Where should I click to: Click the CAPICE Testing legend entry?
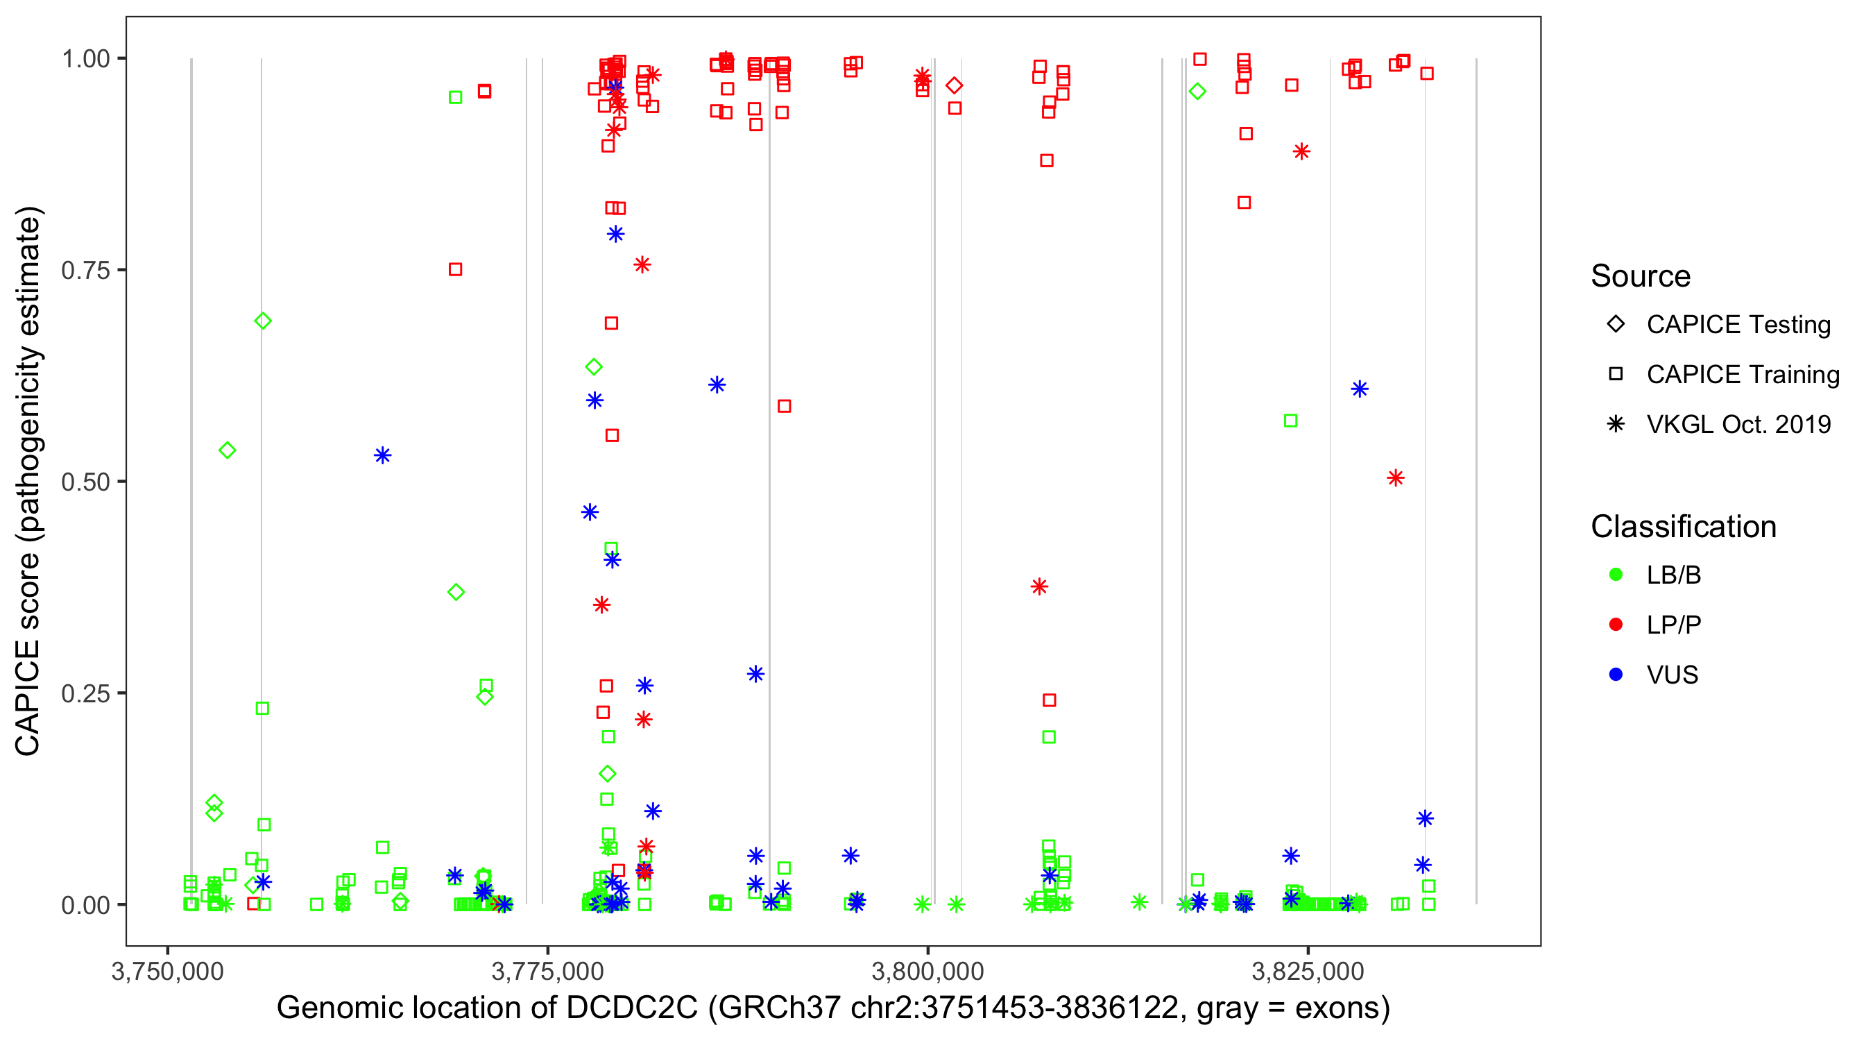pos(1738,325)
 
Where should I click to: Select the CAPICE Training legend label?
pos(1743,375)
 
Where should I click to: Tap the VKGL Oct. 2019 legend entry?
pos(1738,424)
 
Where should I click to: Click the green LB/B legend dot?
pos(1616,575)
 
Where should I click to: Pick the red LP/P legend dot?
pos(1616,625)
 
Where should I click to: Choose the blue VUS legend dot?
pos(1616,675)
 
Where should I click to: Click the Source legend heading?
pos(1641,276)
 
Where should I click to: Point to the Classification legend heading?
pos(1683,527)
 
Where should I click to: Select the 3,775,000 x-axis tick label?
pos(547,971)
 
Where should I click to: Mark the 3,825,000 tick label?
pos(1308,971)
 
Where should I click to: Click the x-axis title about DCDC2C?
pos(833,1008)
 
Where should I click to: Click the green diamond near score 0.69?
pos(263,321)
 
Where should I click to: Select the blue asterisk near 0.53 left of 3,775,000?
pos(382,455)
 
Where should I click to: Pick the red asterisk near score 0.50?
pos(1395,478)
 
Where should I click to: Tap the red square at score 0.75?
pos(455,270)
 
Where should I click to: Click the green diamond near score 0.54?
pos(228,450)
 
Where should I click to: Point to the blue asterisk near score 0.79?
pos(616,235)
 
